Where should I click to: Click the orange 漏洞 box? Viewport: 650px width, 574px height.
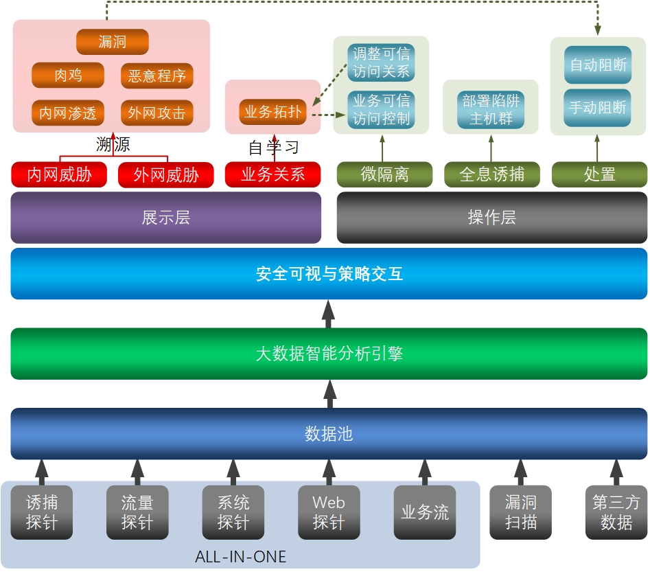(113, 43)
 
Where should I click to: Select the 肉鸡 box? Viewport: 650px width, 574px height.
(68, 76)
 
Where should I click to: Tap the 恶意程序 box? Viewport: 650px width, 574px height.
(157, 76)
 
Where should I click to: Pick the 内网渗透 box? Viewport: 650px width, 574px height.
(68, 113)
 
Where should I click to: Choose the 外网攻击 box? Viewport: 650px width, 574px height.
(157, 113)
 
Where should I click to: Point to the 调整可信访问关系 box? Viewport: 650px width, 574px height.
(381, 62)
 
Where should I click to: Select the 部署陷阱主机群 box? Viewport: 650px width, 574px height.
(491, 109)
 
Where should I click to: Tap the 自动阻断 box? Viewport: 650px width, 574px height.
(598, 65)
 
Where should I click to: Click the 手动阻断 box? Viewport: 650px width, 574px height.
(598, 108)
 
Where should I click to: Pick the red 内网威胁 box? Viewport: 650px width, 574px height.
(60, 174)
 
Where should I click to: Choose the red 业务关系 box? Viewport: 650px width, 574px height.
(273, 174)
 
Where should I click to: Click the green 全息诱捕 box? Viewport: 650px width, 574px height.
(491, 174)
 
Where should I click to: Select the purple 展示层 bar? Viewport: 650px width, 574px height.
(166, 218)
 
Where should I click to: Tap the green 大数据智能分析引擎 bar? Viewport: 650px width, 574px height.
(329, 354)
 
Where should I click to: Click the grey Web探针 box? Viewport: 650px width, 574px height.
(329, 513)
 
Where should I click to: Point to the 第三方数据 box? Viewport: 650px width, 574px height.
(616, 513)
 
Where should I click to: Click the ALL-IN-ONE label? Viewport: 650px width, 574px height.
(240, 557)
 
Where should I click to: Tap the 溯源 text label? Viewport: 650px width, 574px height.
(113, 145)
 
